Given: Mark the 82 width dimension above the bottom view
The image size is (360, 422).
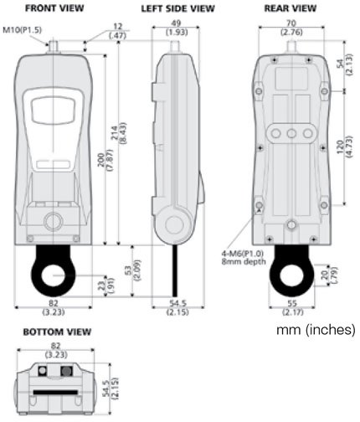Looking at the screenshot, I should (54, 345).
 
